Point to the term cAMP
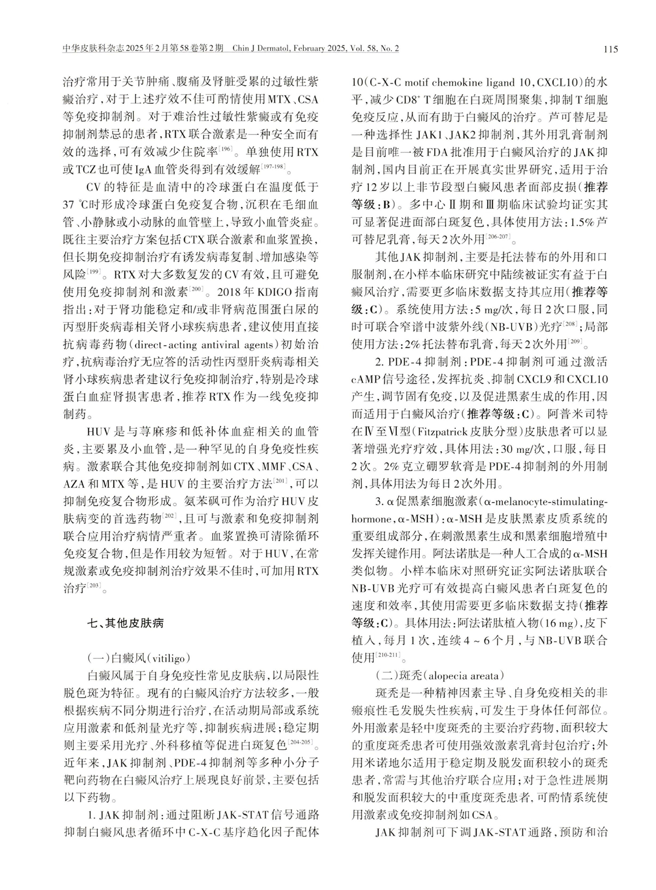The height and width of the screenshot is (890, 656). (x=366, y=379)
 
